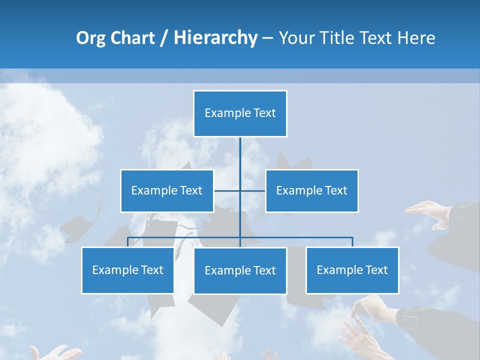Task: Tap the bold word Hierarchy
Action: pos(215,38)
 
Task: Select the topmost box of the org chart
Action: pos(240,113)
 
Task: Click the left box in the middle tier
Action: pos(167,190)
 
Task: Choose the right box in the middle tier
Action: pos(311,190)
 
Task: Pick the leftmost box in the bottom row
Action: pos(127,270)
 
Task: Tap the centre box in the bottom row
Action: pos(240,270)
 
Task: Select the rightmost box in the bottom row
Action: pos(352,270)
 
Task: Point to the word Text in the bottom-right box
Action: pos(376,270)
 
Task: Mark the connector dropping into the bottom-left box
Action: pos(127,242)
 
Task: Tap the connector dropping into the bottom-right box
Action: pos(352,242)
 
